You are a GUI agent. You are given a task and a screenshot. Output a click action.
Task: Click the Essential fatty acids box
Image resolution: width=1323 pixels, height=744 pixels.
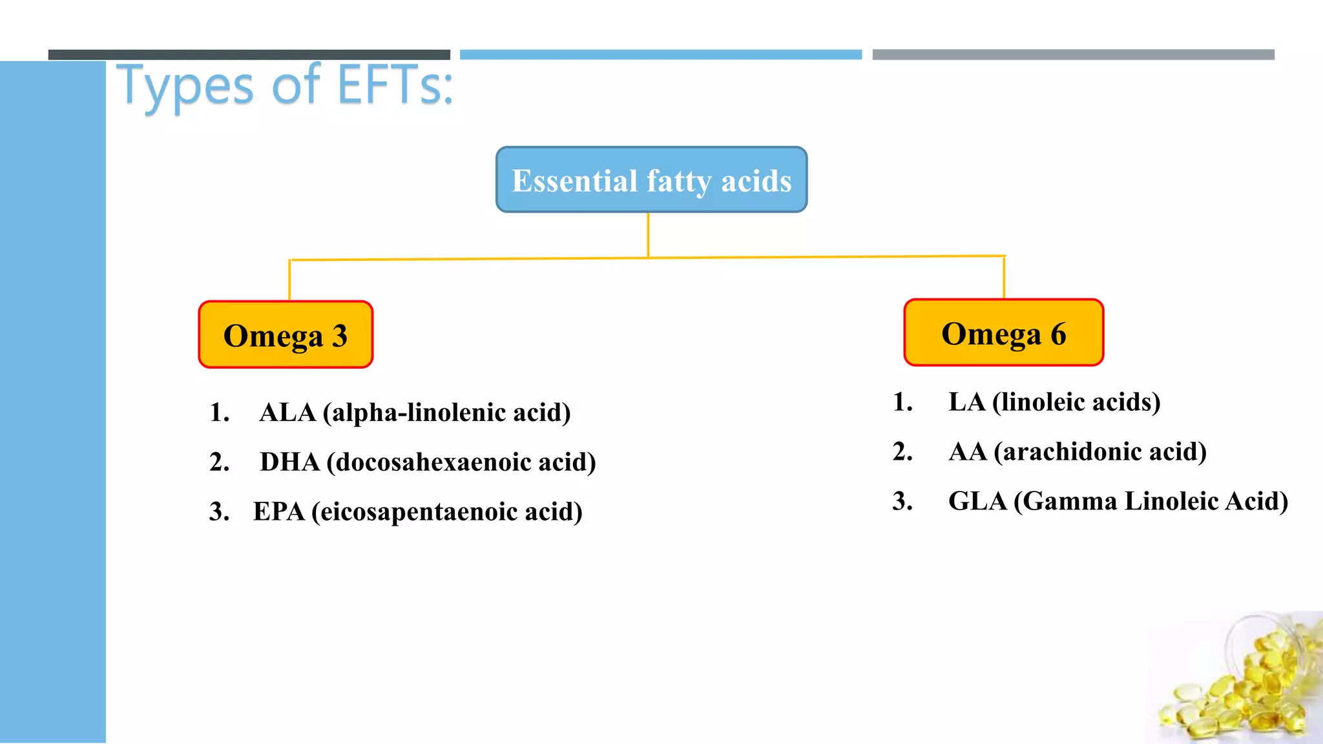[651, 180]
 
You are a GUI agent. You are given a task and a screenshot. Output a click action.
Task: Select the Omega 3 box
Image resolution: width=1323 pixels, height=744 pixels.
[286, 335]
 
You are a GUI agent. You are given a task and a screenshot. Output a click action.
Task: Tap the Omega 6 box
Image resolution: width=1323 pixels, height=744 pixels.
[1003, 333]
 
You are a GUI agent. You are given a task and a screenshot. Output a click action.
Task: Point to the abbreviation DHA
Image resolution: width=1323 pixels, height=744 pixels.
[289, 462]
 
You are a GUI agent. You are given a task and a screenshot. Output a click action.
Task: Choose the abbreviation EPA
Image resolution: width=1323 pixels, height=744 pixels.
[278, 512]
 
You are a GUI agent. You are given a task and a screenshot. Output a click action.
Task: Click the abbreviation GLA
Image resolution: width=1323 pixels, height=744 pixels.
[977, 501]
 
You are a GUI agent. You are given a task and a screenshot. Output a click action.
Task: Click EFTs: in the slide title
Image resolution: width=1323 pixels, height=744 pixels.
[395, 85]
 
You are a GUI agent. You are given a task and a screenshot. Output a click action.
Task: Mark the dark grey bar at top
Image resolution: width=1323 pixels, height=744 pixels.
[249, 55]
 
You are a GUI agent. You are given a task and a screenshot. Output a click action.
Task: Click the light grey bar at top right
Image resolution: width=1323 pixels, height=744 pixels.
[1073, 55]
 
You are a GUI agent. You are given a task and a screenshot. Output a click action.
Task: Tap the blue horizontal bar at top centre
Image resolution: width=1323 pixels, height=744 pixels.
[660, 55]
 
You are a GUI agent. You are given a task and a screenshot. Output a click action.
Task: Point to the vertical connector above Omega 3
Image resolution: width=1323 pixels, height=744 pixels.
[289, 280]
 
